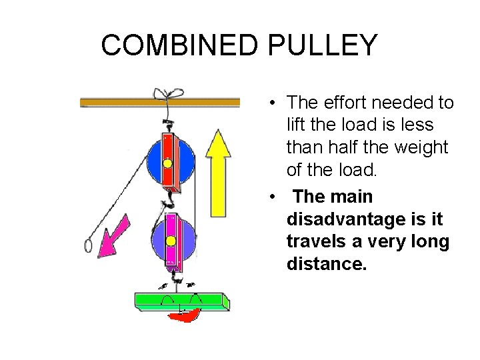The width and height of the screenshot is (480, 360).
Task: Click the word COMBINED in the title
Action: pos(181,45)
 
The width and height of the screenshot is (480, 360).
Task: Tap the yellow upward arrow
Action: pos(217,167)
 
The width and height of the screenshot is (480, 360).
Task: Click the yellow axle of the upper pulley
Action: pos(167,163)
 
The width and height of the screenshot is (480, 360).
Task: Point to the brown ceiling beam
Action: pos(160,102)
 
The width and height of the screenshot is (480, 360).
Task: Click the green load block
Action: pos(181,301)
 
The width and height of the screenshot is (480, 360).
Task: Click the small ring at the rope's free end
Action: pos(88,245)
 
